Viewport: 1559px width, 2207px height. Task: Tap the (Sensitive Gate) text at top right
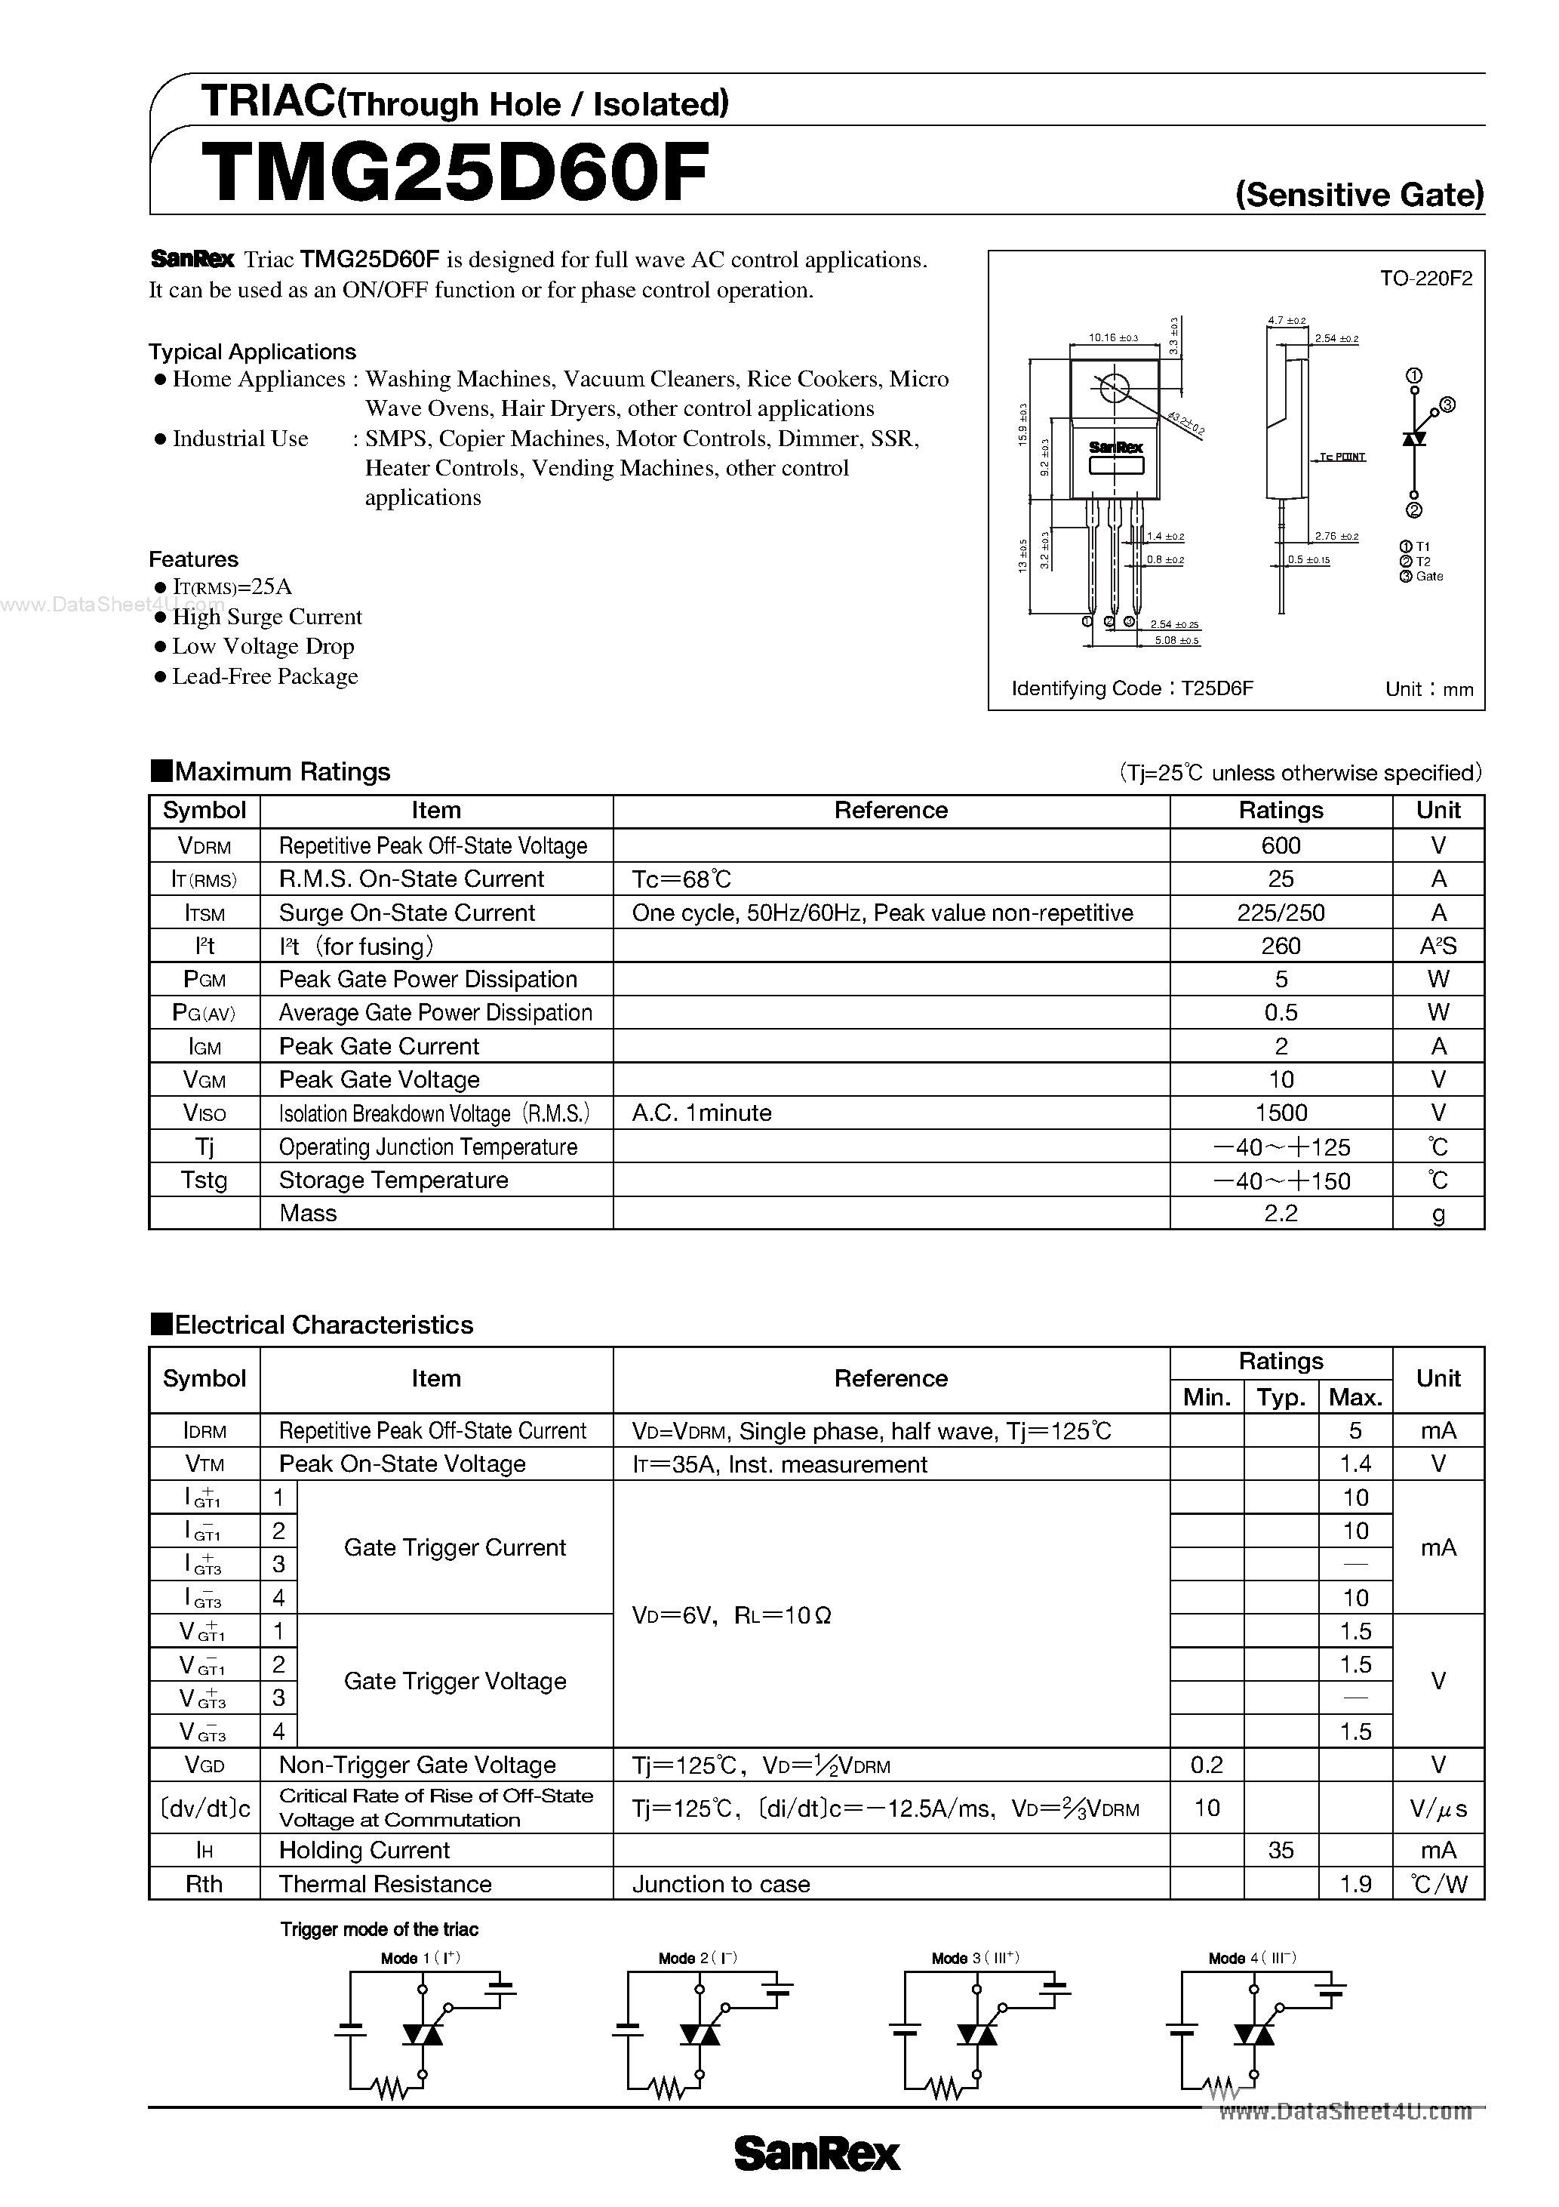click(x=1359, y=195)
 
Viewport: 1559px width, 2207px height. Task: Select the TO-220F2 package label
click(x=1425, y=279)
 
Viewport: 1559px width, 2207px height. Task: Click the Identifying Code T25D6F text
click(x=1132, y=688)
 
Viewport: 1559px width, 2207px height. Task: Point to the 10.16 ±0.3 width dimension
click(x=1113, y=338)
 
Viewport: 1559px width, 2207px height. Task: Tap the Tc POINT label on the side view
click(x=1342, y=457)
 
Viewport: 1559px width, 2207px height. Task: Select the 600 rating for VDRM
click(x=1281, y=846)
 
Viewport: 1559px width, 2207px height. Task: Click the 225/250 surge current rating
click(x=1281, y=913)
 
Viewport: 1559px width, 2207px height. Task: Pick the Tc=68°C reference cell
click(x=681, y=879)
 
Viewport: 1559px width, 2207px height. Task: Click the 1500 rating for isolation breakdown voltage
click(x=1281, y=1113)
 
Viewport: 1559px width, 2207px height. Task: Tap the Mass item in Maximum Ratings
click(x=308, y=1213)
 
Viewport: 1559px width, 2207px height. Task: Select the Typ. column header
click(x=1281, y=1398)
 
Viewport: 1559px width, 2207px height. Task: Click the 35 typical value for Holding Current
click(x=1281, y=1851)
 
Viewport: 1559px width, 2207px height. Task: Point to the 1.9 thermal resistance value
click(x=1355, y=1884)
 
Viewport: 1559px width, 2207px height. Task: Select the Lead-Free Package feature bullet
click(x=264, y=677)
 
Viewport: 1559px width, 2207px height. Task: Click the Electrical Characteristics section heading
click(x=323, y=1325)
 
